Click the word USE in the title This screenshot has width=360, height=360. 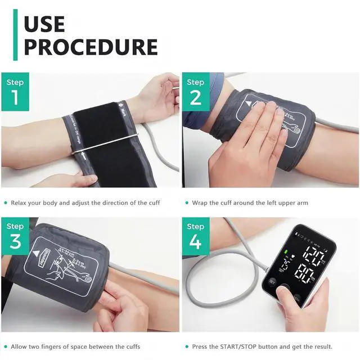pos(44,24)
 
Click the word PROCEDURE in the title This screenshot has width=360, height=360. pos(90,47)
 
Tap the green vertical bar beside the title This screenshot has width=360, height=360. pos(15,34)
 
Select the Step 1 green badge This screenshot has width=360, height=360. pos(15,91)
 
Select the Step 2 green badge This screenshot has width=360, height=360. pos(196,91)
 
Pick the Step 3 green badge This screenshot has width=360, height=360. pos(15,235)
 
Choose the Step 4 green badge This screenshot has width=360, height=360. pos(196,235)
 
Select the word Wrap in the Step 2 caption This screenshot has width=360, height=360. pos(201,202)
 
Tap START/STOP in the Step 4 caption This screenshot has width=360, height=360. pos(235,346)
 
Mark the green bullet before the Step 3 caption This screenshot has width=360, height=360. pos(5,346)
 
